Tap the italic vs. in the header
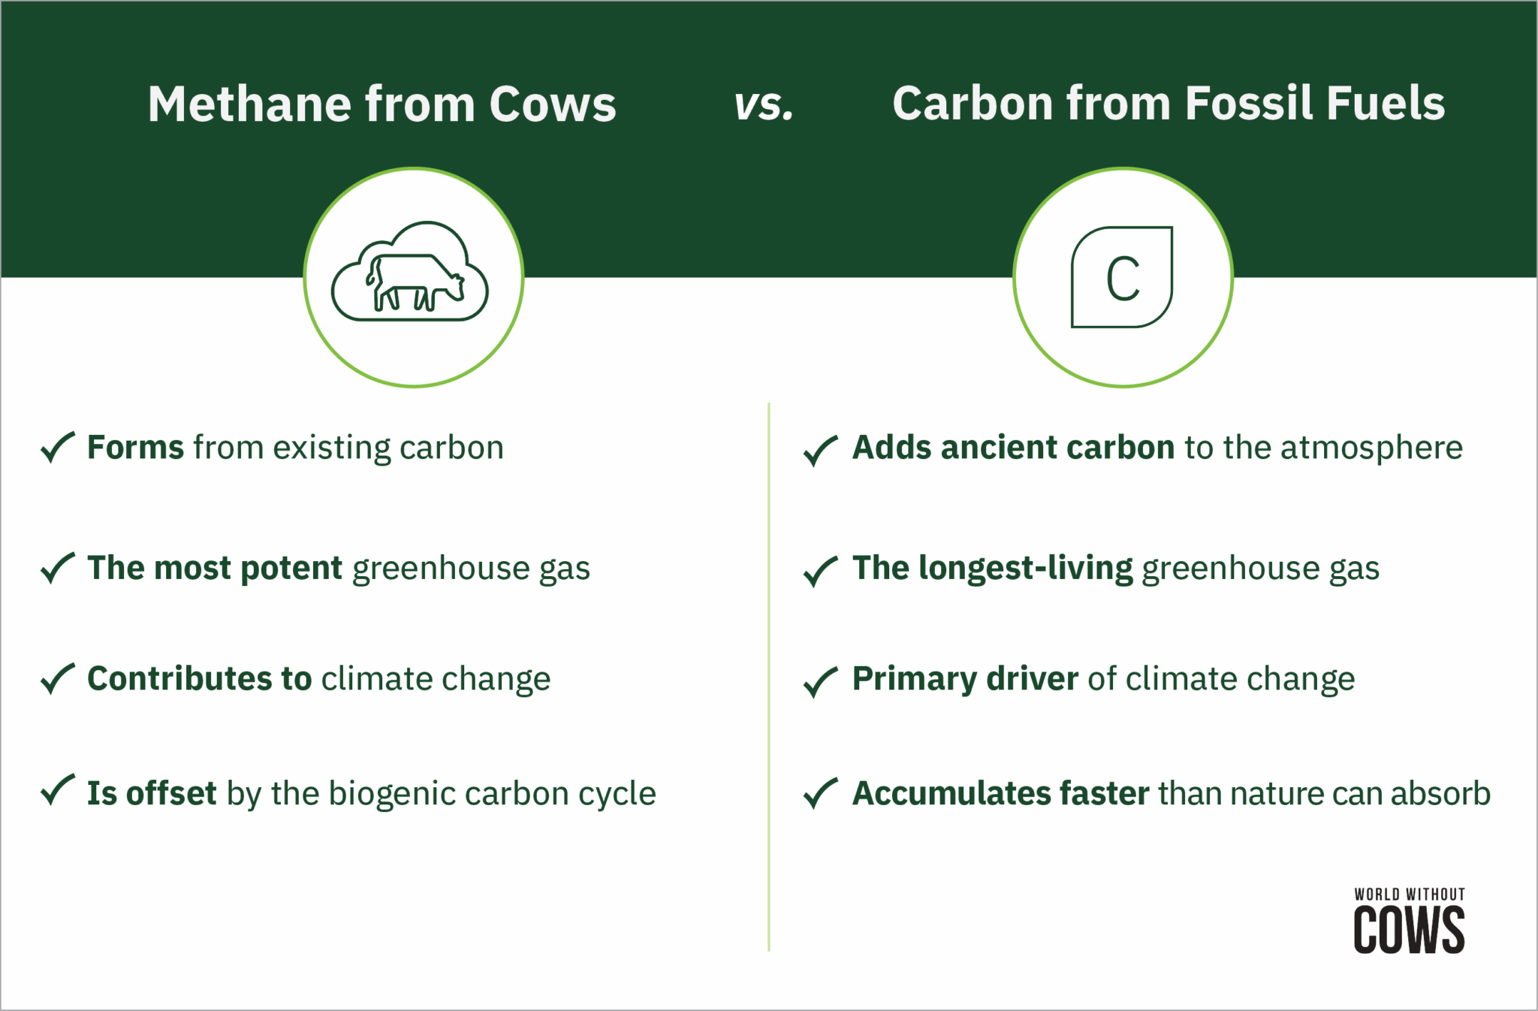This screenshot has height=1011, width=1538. [x=764, y=105]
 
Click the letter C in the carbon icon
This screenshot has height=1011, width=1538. [x=1123, y=279]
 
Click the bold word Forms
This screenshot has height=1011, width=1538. [x=135, y=448]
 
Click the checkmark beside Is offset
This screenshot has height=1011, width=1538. [x=57, y=790]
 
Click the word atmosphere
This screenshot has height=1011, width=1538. [x=1371, y=448]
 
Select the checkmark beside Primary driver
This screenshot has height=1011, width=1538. [x=820, y=682]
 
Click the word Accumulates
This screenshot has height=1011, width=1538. [x=951, y=794]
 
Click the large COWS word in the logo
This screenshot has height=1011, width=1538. [x=1409, y=930]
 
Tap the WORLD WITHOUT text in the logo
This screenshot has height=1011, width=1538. [x=1409, y=894]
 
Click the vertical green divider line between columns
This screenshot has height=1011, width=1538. [x=769, y=676]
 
